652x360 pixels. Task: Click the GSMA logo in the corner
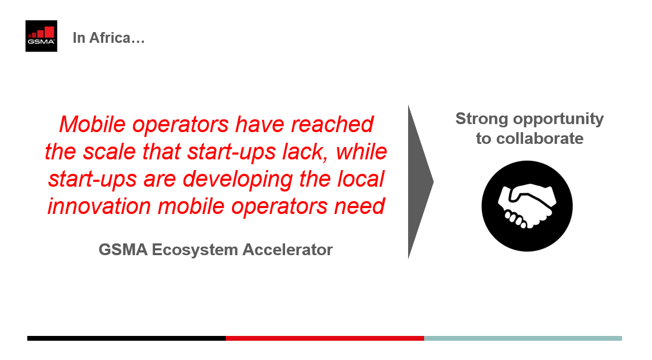pyautogui.click(x=41, y=36)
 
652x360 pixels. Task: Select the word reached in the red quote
pyautogui.click(x=332, y=124)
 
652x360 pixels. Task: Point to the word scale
pyautogui.click(x=110, y=151)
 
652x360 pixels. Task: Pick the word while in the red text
pyautogui.click(x=362, y=151)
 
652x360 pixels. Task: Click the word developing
pyautogui.click(x=237, y=180)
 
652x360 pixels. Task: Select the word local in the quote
pyautogui.click(x=361, y=179)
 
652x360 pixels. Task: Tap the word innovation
pyautogui.click(x=99, y=206)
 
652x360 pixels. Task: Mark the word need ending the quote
pyautogui.click(x=360, y=206)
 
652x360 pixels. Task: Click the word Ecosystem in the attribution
pyautogui.click(x=195, y=250)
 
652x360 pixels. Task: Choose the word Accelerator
pyautogui.click(x=288, y=250)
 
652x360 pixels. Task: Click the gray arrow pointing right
pyautogui.click(x=419, y=182)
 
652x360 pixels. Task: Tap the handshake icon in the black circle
pyautogui.click(x=527, y=206)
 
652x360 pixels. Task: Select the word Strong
pyautogui.click(x=482, y=119)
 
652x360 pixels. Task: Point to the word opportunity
pyautogui.click(x=558, y=120)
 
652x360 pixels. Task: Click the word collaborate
pyautogui.click(x=540, y=138)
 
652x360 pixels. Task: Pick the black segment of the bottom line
pyautogui.click(x=127, y=338)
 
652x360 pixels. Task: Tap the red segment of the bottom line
pyautogui.click(x=325, y=338)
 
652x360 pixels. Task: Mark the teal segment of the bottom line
pyautogui.click(x=523, y=338)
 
